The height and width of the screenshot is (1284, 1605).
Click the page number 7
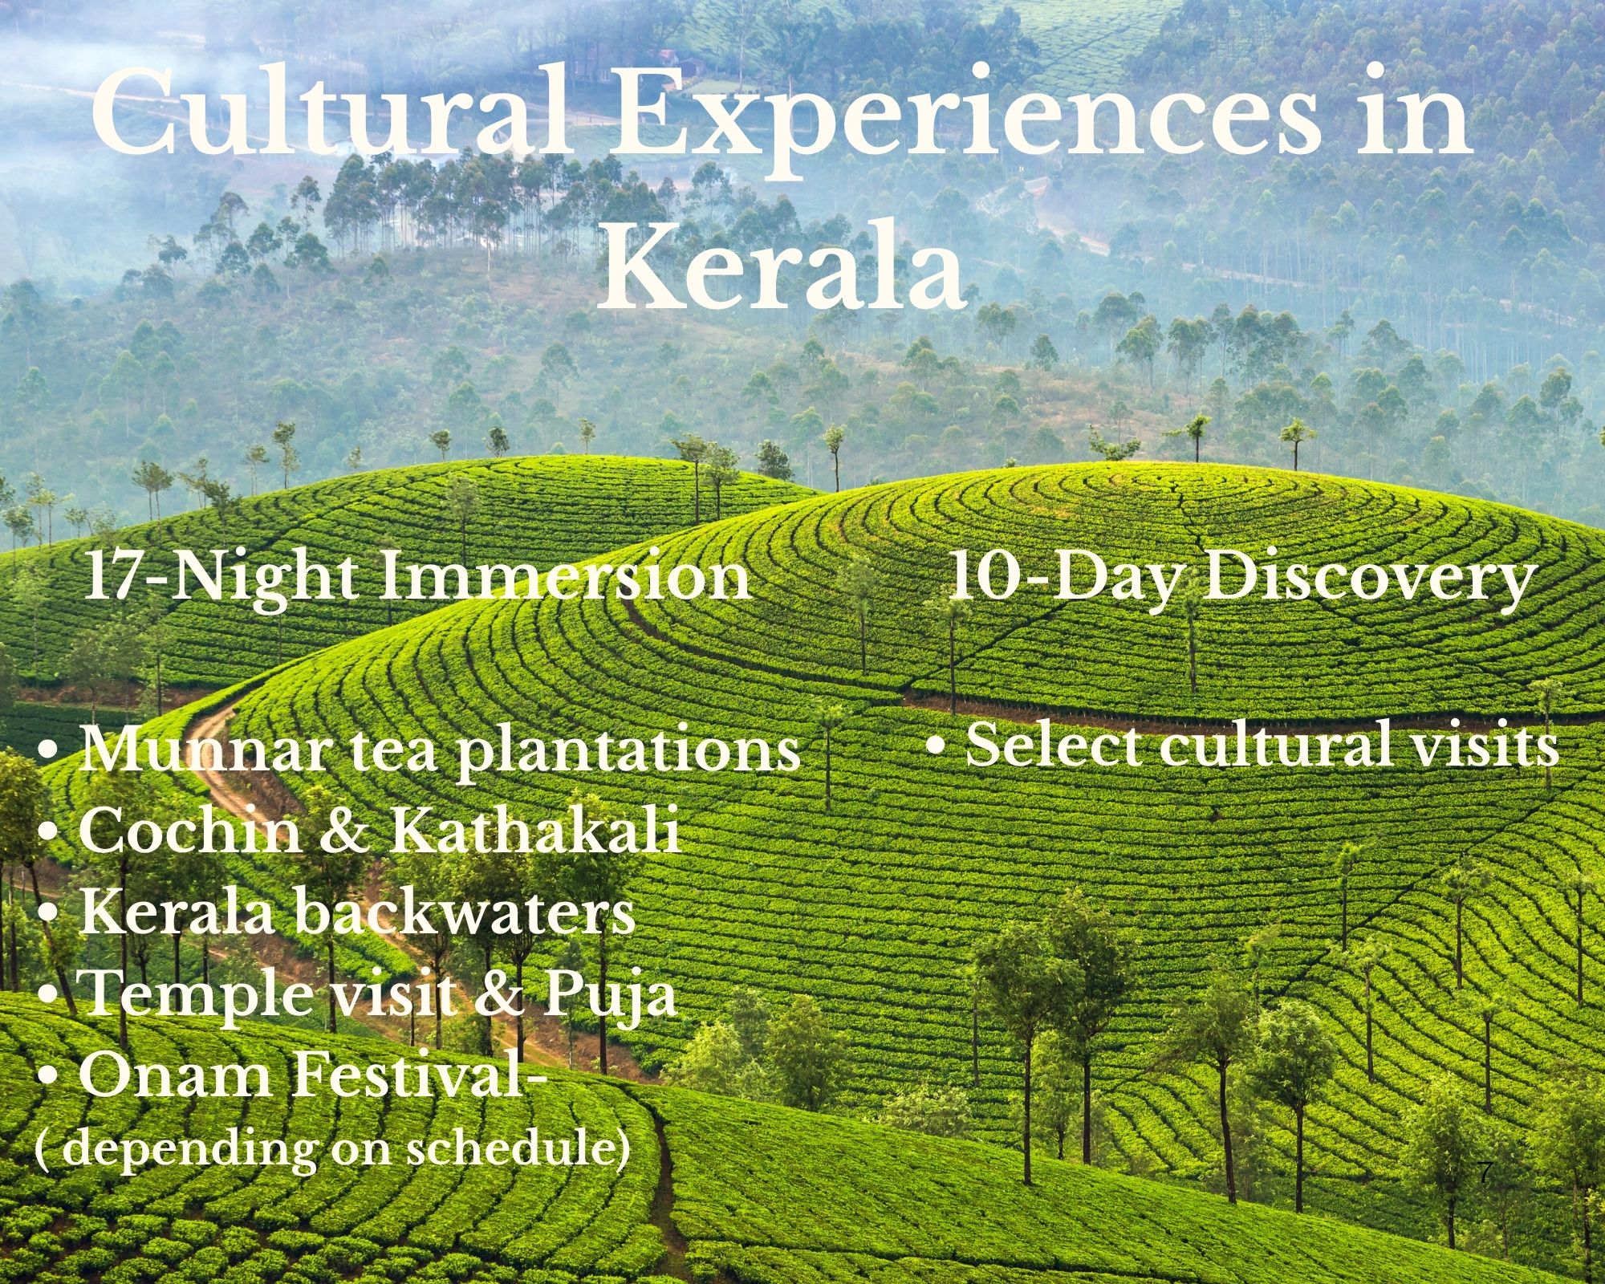pyautogui.click(x=1485, y=1173)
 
